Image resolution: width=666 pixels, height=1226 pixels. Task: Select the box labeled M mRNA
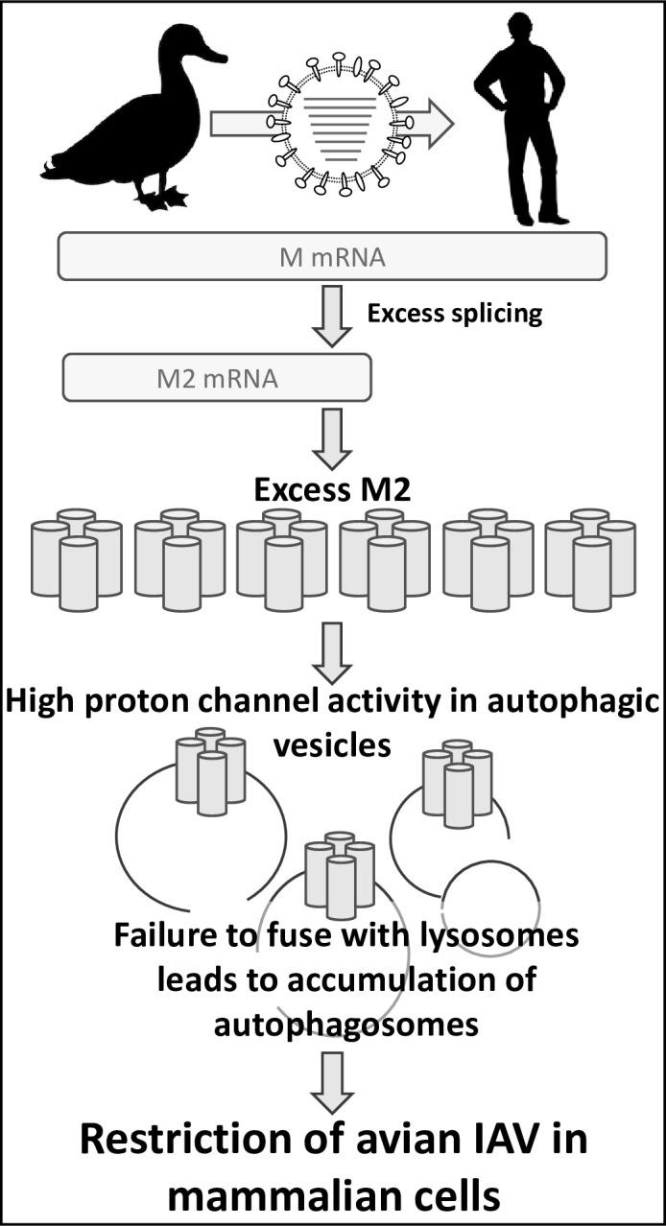pos(332,257)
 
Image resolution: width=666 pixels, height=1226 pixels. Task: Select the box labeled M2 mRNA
pos(217,378)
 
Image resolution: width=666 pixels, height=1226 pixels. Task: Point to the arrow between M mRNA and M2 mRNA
pos(332,319)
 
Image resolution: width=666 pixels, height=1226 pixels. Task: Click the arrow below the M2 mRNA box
pos(332,438)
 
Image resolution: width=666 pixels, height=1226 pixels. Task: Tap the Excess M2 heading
pos(332,492)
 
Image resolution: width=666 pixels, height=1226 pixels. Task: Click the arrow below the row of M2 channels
pos(332,652)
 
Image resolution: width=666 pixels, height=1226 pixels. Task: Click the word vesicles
pos(332,745)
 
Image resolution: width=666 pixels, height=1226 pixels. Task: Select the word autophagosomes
pos(345,1024)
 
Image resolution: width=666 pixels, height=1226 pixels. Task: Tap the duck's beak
pos(215,54)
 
